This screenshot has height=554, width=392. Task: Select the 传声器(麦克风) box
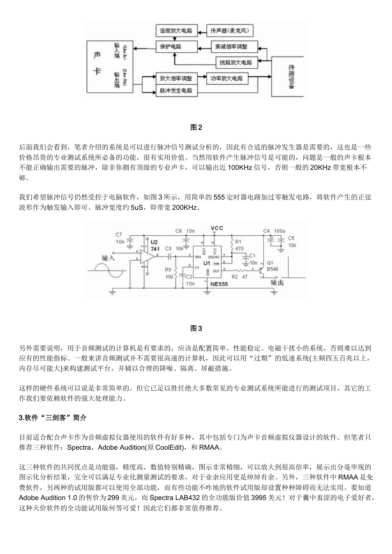(x=231, y=31)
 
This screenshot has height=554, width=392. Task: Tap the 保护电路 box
(x=171, y=47)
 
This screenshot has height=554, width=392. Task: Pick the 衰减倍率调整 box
(x=234, y=47)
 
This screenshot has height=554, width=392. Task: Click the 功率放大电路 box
(x=227, y=78)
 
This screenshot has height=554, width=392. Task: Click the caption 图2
(x=196, y=127)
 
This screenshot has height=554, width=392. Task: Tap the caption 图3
(x=196, y=329)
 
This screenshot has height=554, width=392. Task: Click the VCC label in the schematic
(x=217, y=228)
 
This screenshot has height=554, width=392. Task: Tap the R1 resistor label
(x=239, y=242)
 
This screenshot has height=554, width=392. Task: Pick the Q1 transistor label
(x=270, y=263)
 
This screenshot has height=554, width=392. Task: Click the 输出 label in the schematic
(x=277, y=283)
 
